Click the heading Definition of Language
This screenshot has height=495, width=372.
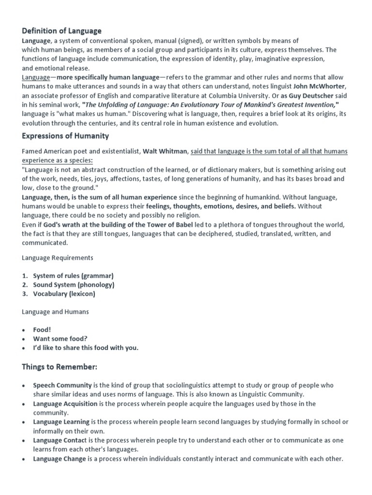(x=62, y=31)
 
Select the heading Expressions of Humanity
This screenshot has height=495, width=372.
(x=65, y=136)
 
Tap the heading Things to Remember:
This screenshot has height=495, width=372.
(x=60, y=367)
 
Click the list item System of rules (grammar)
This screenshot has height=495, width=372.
(x=73, y=276)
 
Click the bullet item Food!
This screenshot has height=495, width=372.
(x=42, y=330)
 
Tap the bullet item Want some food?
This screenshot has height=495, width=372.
(x=60, y=338)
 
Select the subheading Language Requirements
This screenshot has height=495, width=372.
(x=58, y=258)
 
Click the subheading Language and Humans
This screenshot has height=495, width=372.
(x=55, y=312)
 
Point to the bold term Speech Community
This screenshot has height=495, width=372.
(x=62, y=385)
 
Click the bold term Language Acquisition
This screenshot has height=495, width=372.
(x=65, y=404)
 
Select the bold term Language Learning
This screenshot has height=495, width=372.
(x=61, y=422)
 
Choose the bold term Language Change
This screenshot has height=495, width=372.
(x=60, y=459)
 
